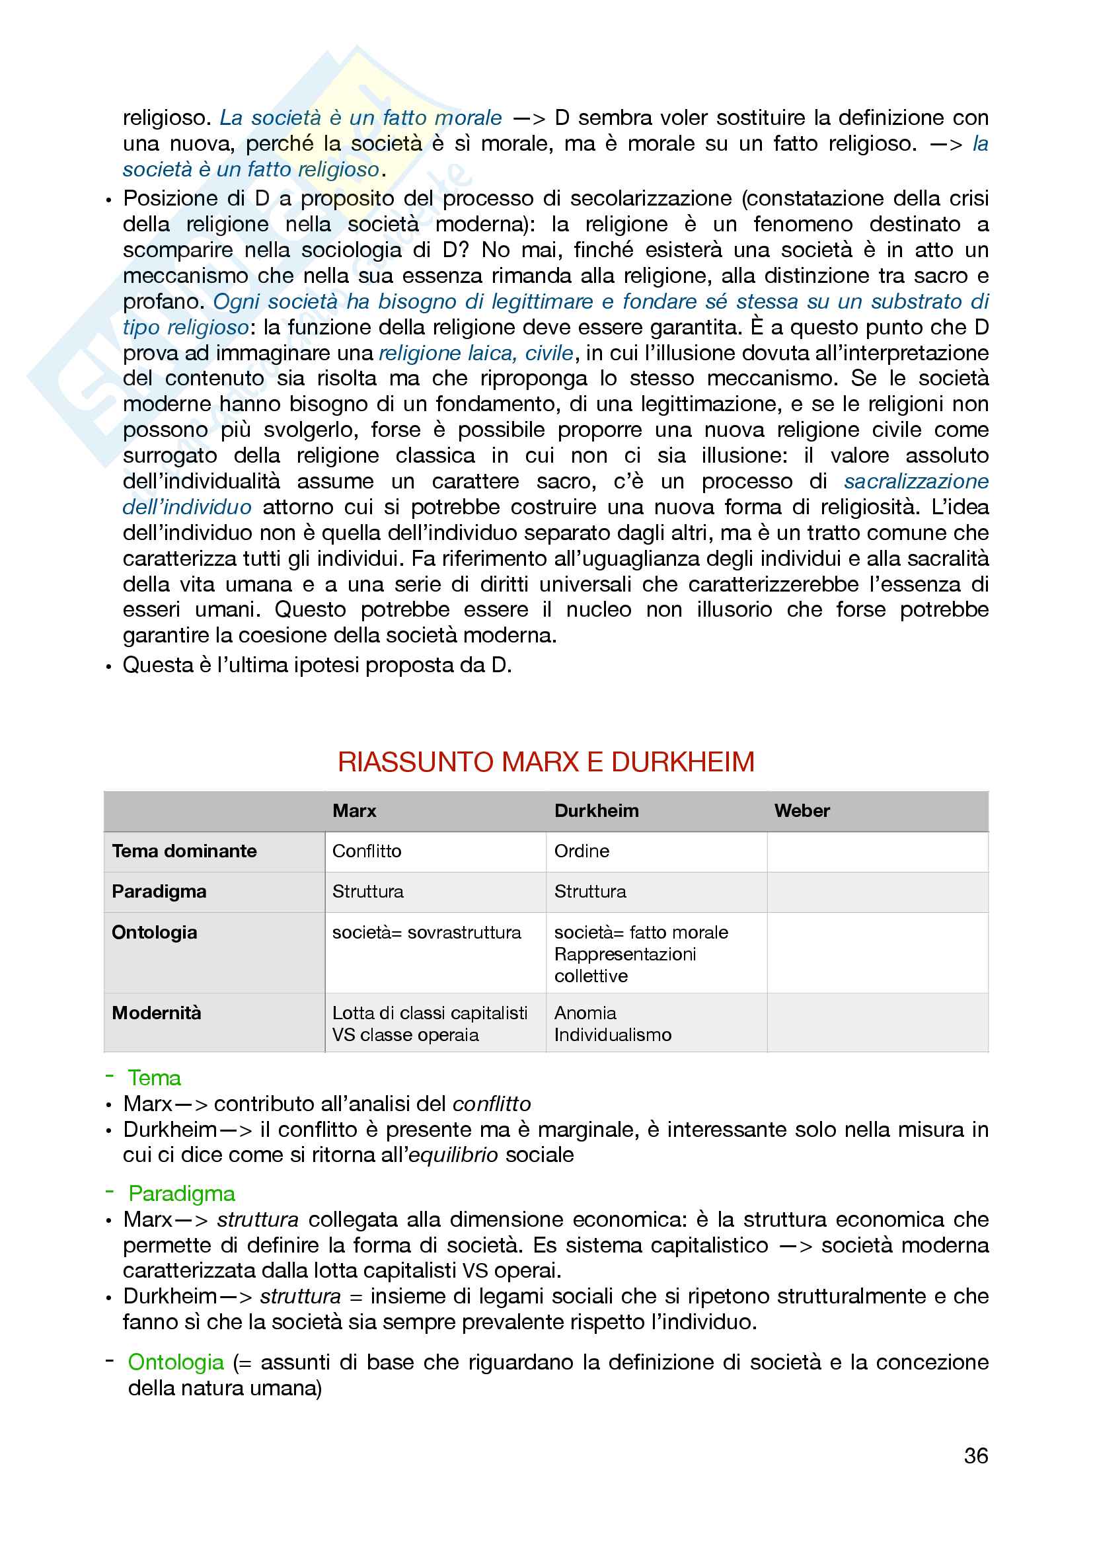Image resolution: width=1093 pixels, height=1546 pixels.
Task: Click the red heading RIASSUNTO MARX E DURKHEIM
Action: (x=546, y=761)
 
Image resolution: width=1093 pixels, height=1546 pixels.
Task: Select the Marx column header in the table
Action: (x=354, y=811)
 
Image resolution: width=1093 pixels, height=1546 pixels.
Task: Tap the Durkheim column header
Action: (x=596, y=811)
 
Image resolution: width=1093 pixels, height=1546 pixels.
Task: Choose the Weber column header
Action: (x=802, y=811)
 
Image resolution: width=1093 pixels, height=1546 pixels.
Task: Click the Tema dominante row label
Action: (x=184, y=851)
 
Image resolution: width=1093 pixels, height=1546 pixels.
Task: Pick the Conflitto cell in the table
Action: (x=367, y=851)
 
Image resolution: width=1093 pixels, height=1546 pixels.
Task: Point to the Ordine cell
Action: (x=582, y=851)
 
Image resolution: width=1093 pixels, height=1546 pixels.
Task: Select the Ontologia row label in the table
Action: (x=154, y=933)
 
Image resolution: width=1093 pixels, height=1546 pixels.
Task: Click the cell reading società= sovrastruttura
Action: (x=427, y=933)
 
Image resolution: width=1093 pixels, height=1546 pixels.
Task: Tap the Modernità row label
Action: (x=156, y=1013)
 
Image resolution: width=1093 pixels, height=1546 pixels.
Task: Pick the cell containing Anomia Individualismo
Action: (x=613, y=1023)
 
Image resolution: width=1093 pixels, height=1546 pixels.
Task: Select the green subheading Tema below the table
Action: (x=154, y=1078)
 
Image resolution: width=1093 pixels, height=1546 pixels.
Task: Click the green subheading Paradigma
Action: (x=182, y=1194)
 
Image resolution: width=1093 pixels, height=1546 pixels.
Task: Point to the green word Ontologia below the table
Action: (x=176, y=1362)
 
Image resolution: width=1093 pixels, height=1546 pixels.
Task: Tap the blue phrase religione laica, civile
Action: (x=476, y=353)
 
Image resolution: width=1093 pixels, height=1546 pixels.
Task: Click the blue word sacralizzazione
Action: (x=916, y=481)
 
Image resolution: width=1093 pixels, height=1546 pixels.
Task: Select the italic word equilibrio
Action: (x=453, y=1155)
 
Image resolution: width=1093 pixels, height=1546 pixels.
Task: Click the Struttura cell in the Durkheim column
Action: (x=589, y=892)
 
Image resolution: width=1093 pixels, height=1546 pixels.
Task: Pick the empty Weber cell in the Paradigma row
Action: (x=877, y=892)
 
